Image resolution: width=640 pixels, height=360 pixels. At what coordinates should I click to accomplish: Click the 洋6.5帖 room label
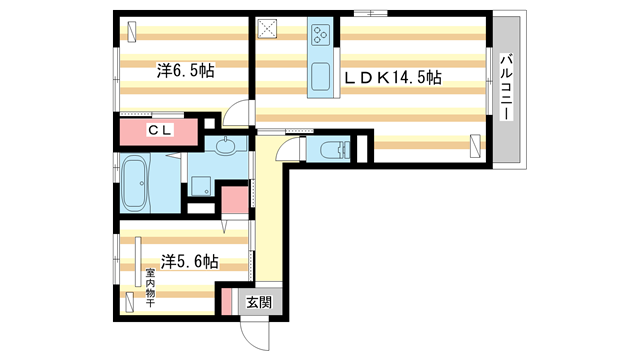pyautogui.click(x=185, y=71)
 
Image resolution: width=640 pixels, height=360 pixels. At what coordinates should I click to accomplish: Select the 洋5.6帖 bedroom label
pyautogui.click(x=190, y=262)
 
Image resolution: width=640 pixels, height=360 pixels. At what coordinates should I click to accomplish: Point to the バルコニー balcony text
pyautogui.click(x=507, y=88)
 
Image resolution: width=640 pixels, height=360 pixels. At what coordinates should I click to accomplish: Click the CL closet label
pyautogui.click(x=160, y=130)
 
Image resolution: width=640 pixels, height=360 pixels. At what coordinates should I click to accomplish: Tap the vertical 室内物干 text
pyautogui.click(x=150, y=285)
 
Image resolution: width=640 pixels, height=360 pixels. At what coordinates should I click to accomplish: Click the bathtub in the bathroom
pyautogui.click(x=135, y=183)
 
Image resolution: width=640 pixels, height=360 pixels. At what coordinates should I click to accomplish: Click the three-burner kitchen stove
pyautogui.click(x=322, y=37)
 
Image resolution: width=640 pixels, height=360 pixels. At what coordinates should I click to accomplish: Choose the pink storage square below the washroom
pyautogui.click(x=234, y=199)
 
